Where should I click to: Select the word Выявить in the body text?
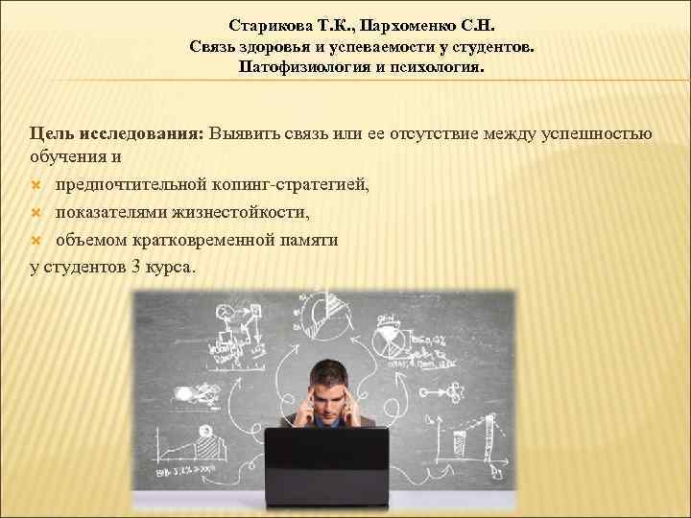(x=248, y=133)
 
